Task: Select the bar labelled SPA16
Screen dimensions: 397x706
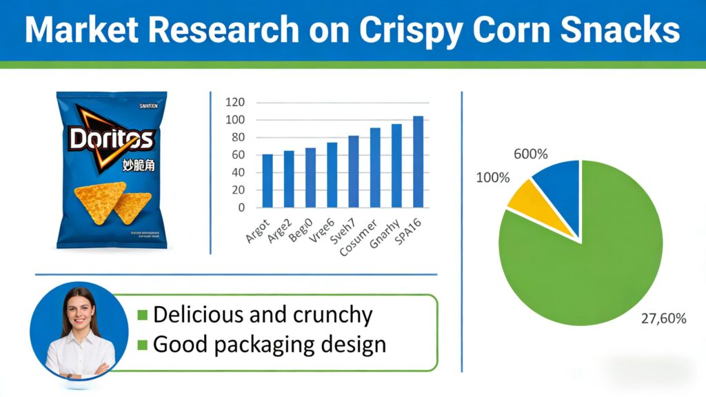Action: coord(418,161)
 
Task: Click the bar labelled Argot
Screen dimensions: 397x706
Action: coord(268,180)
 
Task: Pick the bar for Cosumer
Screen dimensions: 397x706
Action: coord(375,167)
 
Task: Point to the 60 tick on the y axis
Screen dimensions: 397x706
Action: coord(239,155)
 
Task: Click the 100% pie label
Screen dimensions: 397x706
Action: coord(493,178)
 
